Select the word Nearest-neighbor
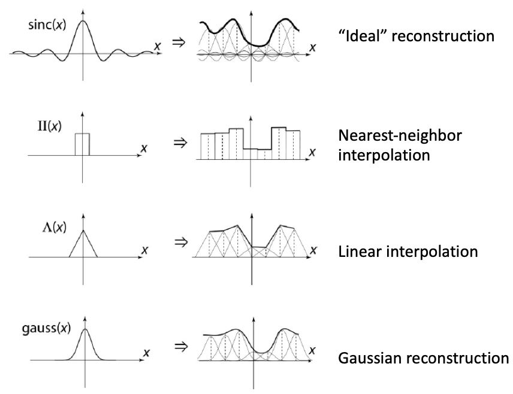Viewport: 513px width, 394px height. (400, 136)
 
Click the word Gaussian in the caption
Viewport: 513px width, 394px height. (367, 358)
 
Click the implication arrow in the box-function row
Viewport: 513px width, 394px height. (177, 143)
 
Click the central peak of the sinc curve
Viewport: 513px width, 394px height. (83, 22)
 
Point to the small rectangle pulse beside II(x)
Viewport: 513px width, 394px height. (82, 144)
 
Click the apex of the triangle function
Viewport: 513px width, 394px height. (83, 231)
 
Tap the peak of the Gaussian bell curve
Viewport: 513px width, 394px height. (86, 329)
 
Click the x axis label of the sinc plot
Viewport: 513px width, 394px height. (157, 46)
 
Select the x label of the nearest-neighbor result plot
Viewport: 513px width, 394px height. (312, 152)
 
